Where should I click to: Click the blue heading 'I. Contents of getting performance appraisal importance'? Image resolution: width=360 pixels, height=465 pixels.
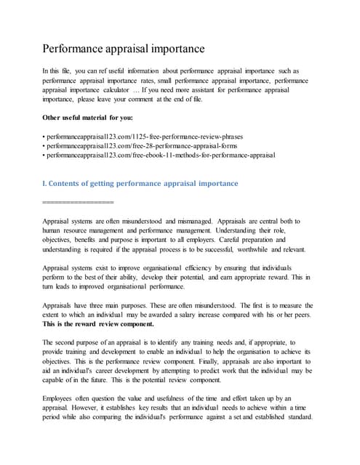140,183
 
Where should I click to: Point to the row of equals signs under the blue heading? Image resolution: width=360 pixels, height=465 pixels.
78,201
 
